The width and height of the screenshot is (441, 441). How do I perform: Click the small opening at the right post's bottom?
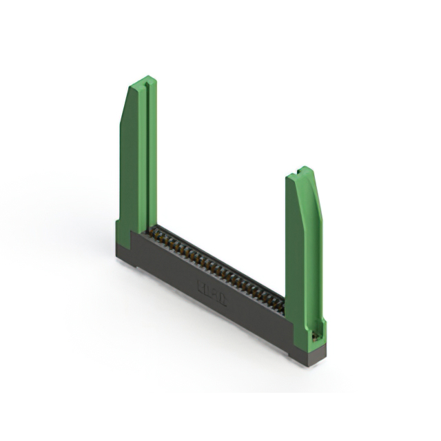316,335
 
